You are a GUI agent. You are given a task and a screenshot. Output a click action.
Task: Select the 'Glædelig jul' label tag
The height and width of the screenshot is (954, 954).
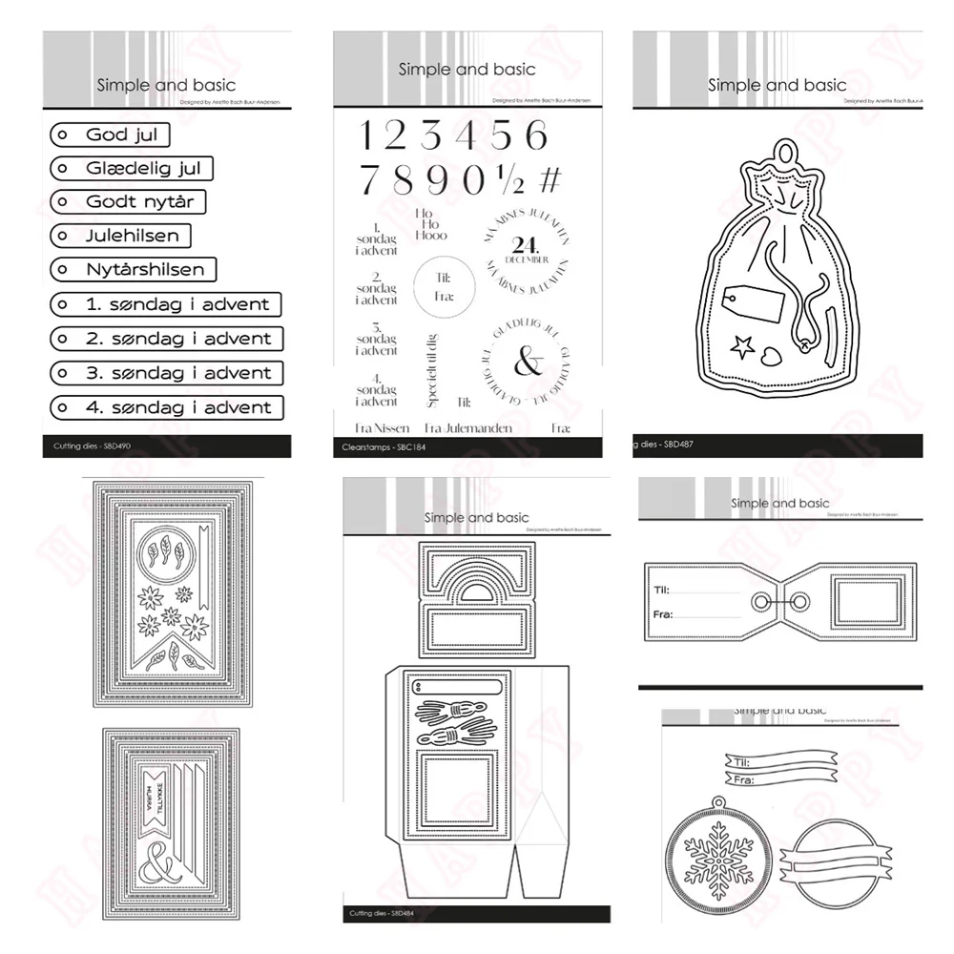click(x=129, y=169)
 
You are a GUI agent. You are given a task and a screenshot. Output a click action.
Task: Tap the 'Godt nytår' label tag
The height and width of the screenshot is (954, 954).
click(x=126, y=202)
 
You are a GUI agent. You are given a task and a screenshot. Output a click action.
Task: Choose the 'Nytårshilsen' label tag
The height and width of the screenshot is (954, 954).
click(x=133, y=270)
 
